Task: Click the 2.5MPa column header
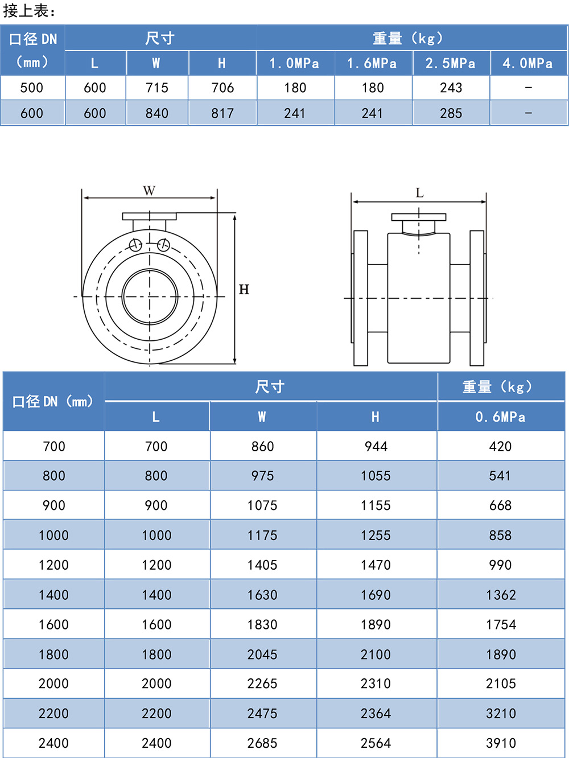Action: (450, 63)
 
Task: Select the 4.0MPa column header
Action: (527, 63)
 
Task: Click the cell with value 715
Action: (157, 88)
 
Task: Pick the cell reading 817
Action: (222, 113)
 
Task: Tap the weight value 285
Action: (451, 113)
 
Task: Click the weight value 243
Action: (451, 88)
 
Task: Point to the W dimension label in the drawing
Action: (149, 191)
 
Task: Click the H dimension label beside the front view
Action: (244, 290)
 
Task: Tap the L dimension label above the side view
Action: (419, 193)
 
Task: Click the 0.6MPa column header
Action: (500, 417)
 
